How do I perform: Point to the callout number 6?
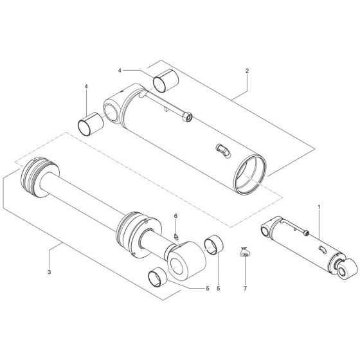pos(175,216)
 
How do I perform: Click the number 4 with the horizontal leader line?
pos(119,70)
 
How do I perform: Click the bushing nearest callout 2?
pos(164,81)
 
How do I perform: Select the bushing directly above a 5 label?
pos(212,246)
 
